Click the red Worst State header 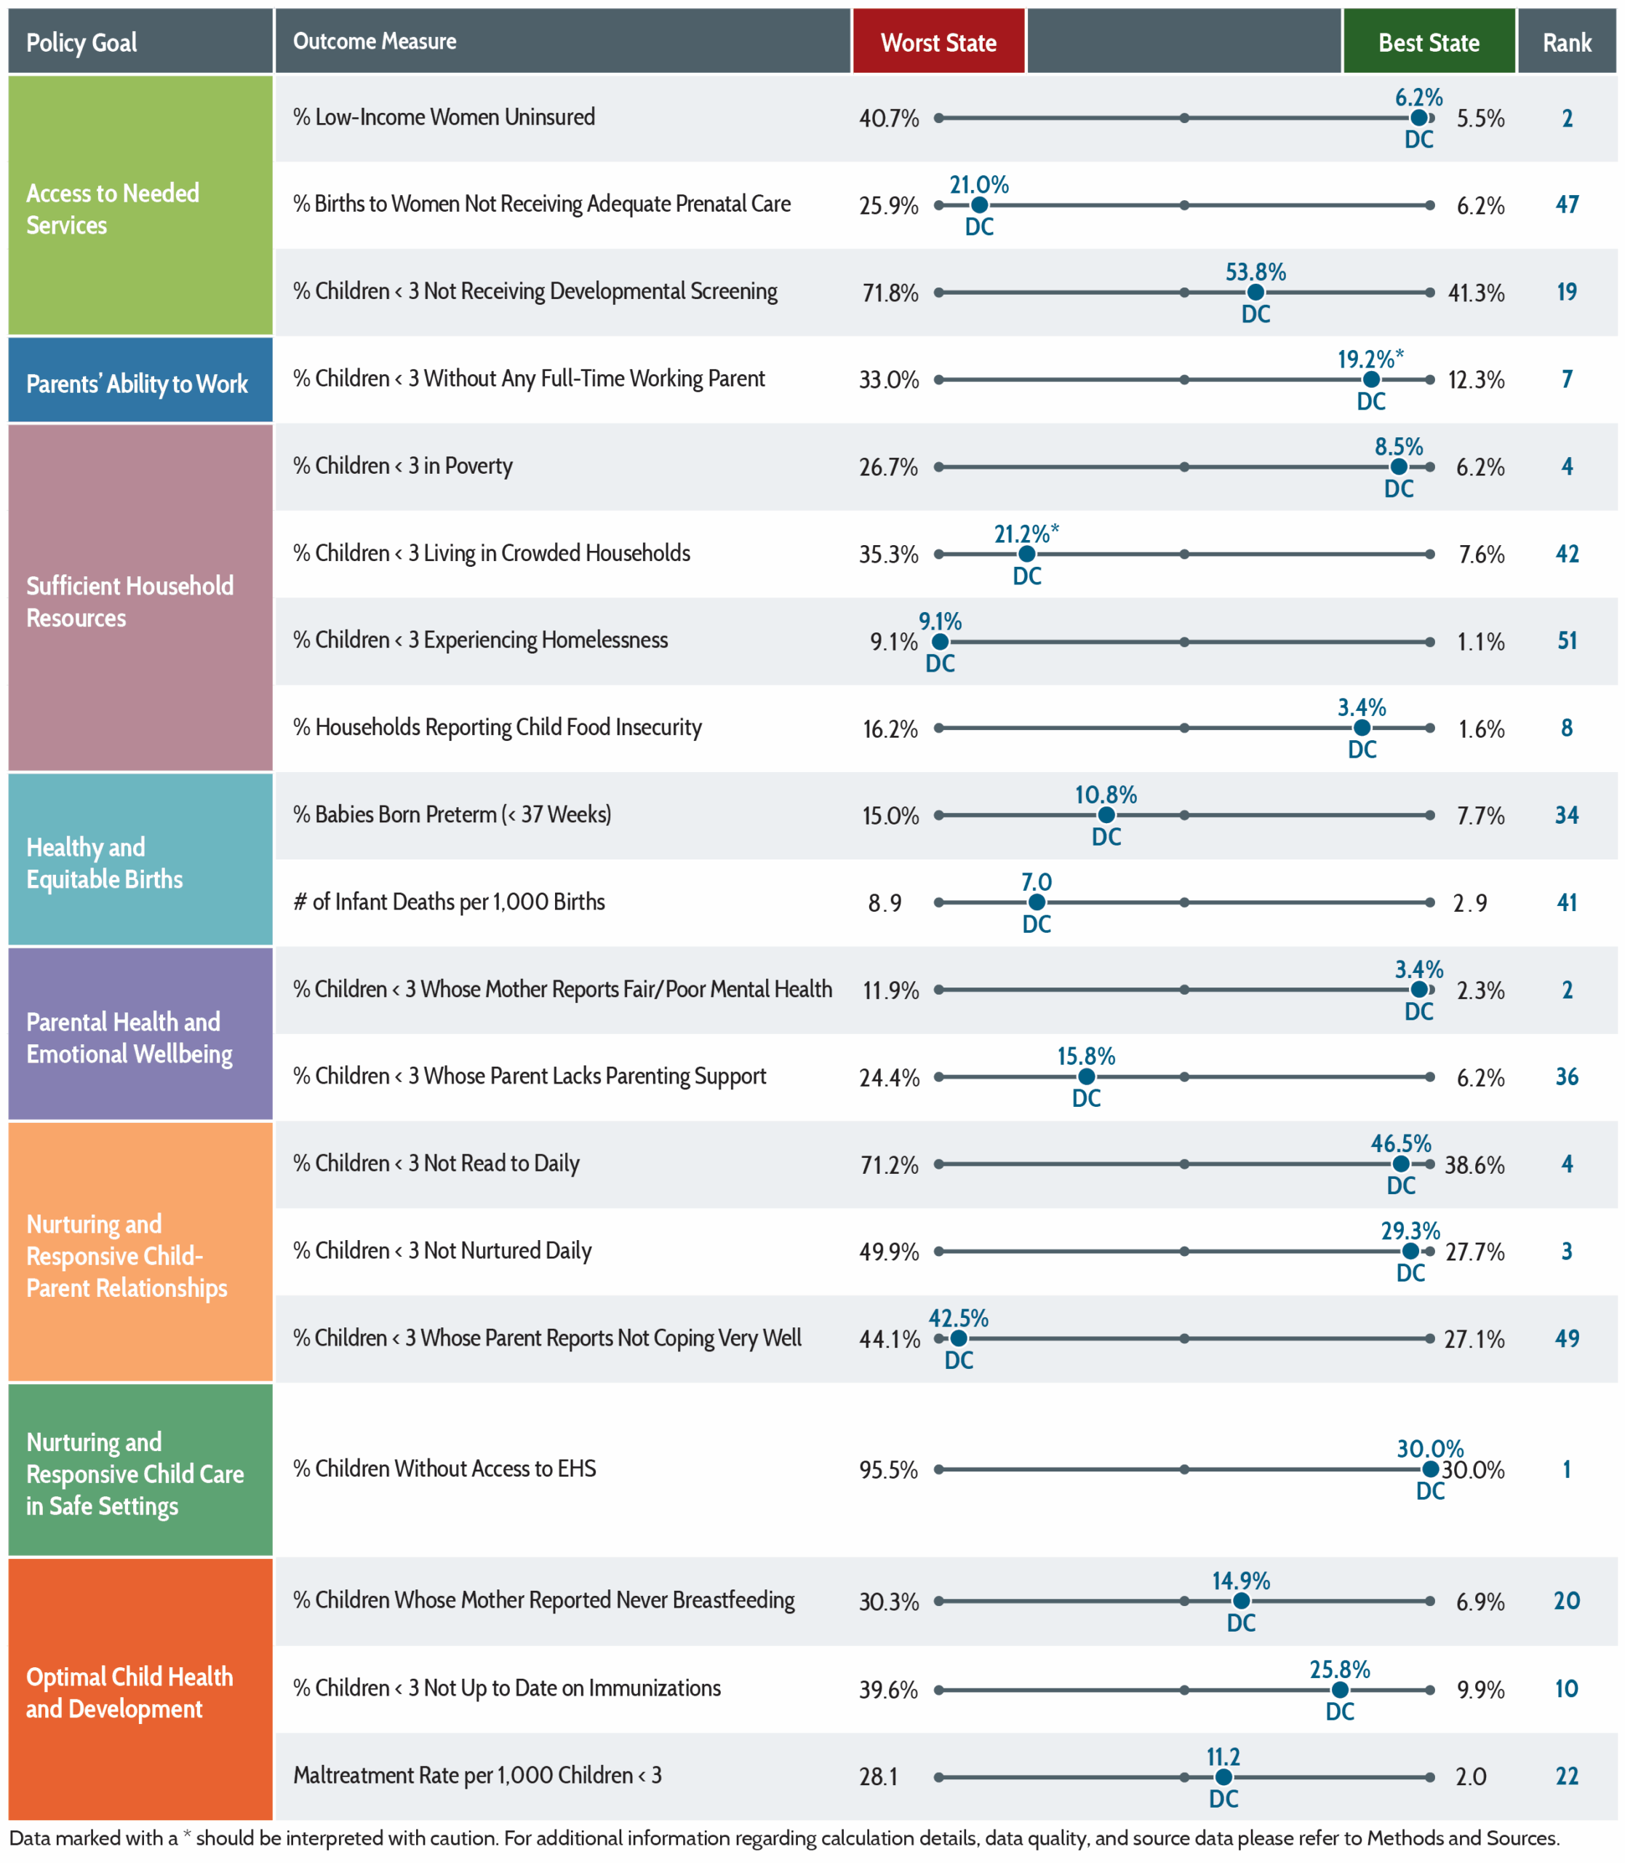coord(938,41)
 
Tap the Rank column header coord(1567,41)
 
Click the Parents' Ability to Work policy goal coord(137,384)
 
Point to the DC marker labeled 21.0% coord(979,206)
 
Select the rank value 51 coord(1567,640)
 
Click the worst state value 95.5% coord(889,1469)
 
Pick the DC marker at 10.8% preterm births coord(1106,815)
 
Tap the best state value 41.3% coord(1477,293)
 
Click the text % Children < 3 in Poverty coord(403,466)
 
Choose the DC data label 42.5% coord(959,1318)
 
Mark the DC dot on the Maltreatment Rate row coord(1223,1778)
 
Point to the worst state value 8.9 coord(885,902)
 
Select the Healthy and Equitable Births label coord(104,862)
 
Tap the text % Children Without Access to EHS coord(444,1469)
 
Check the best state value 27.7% coord(1475,1252)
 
